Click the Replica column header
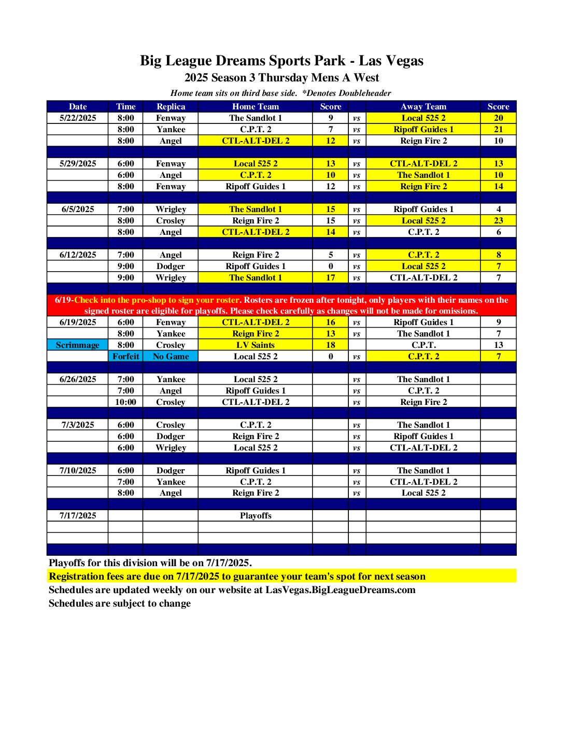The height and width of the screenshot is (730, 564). pos(171,107)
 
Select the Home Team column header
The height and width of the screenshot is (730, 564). pos(255,107)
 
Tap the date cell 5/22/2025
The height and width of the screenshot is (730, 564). pos(78,118)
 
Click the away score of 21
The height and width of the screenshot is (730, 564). pos(498,130)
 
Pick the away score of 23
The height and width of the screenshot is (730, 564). pos(498,221)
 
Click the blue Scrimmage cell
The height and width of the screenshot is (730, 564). pos(78,345)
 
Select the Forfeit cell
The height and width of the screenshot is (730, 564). pos(125,357)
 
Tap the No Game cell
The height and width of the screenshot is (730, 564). pos(171,357)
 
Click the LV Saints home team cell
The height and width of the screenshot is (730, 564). pos(255,345)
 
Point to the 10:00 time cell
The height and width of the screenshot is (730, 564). pos(125,402)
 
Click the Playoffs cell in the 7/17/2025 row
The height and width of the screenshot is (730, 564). pos(255,516)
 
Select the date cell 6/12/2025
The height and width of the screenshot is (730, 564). pos(78,255)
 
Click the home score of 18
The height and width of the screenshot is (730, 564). pos(331,345)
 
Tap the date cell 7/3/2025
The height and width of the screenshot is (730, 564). pos(78,425)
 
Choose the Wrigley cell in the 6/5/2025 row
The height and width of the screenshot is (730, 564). pos(171,209)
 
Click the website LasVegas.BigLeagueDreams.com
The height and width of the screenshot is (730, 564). pos(340,590)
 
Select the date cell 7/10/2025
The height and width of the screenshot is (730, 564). pos(78,471)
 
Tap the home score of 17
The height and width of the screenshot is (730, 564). pos(331,278)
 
